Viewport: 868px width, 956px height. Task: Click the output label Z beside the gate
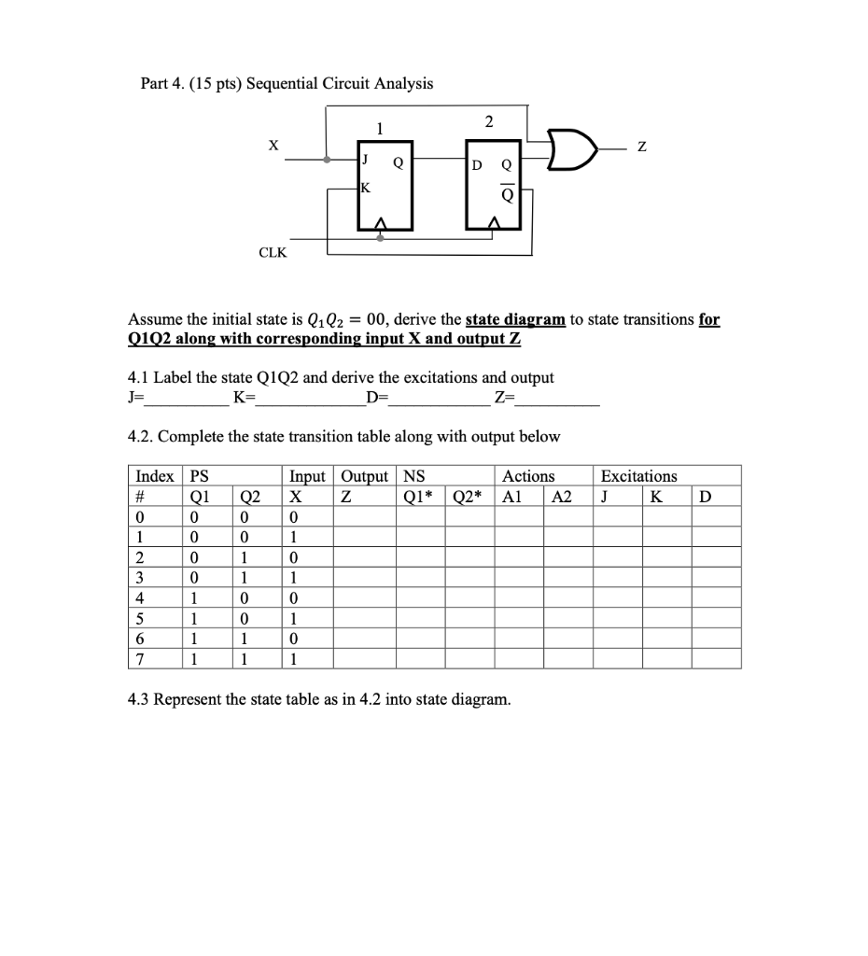point(640,147)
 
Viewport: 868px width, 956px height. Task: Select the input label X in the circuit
point(273,145)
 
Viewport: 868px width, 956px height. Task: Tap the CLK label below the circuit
point(273,253)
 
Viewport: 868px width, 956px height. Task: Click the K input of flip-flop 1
point(366,187)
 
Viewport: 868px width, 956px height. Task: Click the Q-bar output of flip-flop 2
point(507,196)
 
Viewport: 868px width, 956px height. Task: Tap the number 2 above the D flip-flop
point(489,121)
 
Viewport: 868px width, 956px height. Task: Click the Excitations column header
point(639,476)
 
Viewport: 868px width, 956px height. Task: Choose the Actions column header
point(528,476)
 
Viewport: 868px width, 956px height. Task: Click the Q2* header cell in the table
point(469,496)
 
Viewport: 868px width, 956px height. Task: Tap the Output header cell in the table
point(363,476)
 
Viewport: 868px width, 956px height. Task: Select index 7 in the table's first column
point(139,659)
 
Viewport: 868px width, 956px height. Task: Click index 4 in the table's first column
point(139,597)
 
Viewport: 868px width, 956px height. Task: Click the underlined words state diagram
point(515,319)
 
